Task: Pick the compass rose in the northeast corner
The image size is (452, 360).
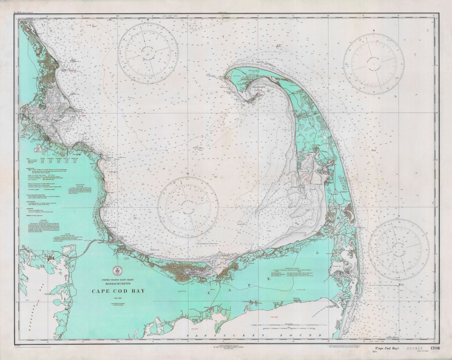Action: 374,64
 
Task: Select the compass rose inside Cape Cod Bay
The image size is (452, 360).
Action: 187,207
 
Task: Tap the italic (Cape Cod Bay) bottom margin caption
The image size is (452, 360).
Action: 386,348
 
